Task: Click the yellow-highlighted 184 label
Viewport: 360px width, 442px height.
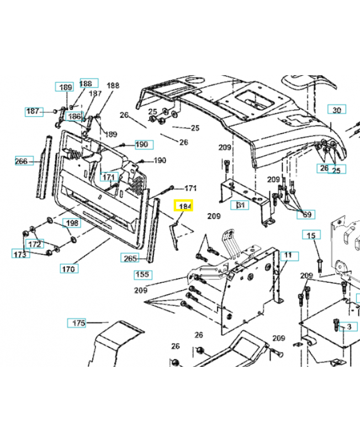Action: coord(184,207)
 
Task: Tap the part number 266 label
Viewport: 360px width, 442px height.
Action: coord(22,161)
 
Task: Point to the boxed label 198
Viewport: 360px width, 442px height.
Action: coord(71,223)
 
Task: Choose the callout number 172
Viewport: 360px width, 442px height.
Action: coord(34,244)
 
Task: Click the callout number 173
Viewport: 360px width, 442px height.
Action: coord(19,254)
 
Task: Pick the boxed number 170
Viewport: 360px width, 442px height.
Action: coord(69,269)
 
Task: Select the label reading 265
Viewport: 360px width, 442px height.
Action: coord(130,258)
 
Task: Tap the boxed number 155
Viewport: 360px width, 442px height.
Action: coord(142,275)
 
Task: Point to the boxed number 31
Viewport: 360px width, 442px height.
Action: coord(240,206)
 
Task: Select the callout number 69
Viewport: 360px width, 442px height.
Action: coord(307,214)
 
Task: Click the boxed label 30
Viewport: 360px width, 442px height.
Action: coord(336,109)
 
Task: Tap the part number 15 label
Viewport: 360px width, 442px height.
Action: coord(311,236)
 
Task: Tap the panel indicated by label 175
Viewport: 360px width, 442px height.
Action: coord(116,343)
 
